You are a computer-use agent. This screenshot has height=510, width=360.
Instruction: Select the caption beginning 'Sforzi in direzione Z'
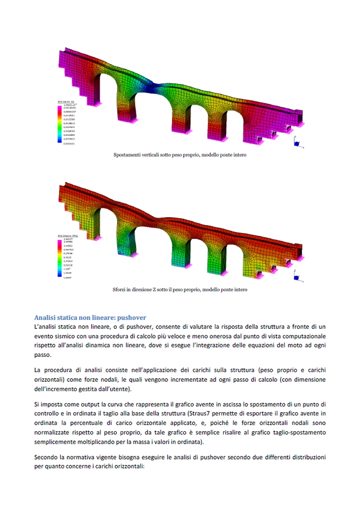(x=179, y=289)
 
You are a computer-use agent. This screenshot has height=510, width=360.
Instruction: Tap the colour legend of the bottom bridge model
(x=66, y=257)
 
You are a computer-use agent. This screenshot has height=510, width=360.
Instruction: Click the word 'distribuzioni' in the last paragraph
(x=304, y=456)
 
